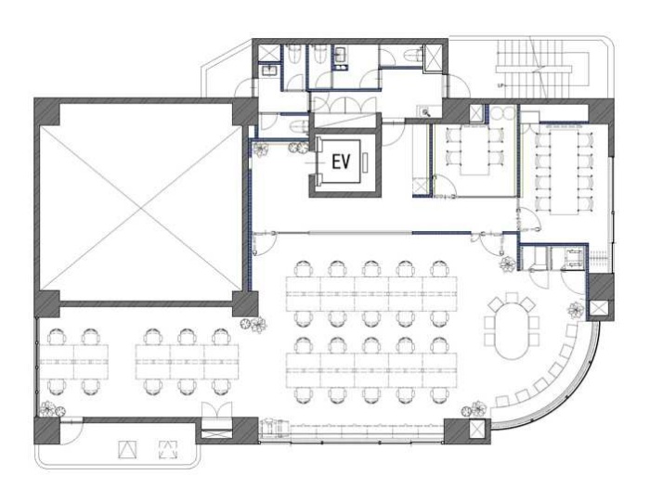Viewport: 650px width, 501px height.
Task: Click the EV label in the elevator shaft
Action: pyautogui.click(x=341, y=161)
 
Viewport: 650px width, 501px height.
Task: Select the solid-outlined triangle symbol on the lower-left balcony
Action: pyautogui.click(x=127, y=450)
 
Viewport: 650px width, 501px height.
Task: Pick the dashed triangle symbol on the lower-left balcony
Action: pyautogui.click(x=168, y=450)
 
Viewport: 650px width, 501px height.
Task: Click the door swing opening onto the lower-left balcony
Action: pyautogui.click(x=71, y=431)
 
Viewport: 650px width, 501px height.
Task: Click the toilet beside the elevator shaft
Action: pyautogui.click(x=298, y=124)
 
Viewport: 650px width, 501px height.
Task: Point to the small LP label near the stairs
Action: pyautogui.click(x=500, y=85)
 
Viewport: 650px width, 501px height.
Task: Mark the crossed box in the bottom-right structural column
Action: pyautogui.click(x=476, y=429)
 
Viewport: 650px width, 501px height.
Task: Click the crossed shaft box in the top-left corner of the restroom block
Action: pyautogui.click(x=267, y=53)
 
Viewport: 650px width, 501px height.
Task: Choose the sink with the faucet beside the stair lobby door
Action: pyautogui.click(x=424, y=111)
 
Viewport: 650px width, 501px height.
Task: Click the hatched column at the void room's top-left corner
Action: pyautogui.click(x=46, y=111)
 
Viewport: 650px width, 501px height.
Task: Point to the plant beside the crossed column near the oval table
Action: pyautogui.click(x=576, y=310)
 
